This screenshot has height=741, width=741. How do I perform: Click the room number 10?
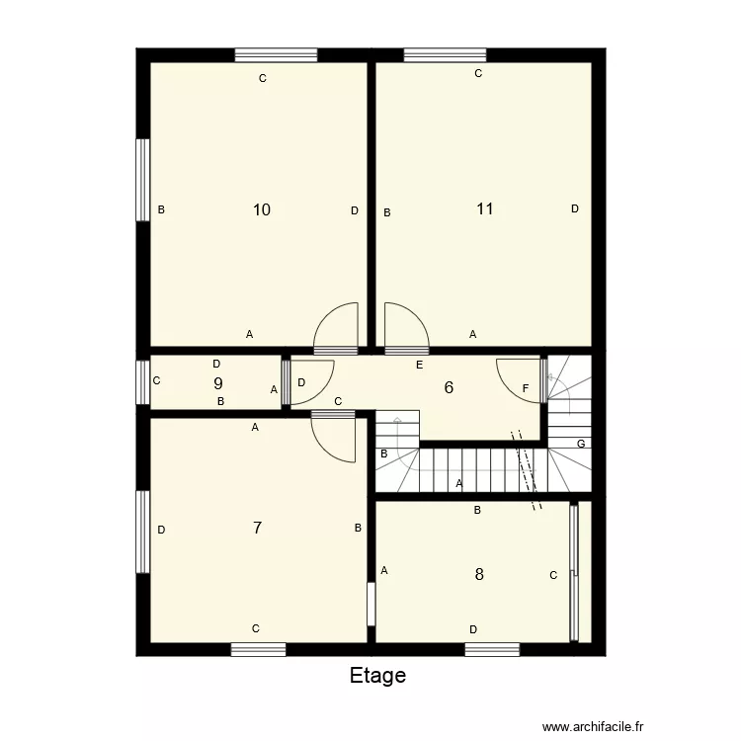(x=262, y=209)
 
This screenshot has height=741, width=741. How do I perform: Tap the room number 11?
(x=485, y=208)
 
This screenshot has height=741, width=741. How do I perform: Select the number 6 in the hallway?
(x=449, y=387)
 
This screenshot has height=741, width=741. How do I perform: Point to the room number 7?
(x=257, y=528)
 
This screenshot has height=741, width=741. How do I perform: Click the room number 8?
(x=479, y=574)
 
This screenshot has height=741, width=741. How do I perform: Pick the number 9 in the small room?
(x=217, y=383)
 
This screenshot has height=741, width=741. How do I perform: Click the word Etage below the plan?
(x=377, y=676)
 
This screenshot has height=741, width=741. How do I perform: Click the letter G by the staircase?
(x=581, y=444)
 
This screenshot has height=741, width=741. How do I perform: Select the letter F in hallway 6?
(x=526, y=388)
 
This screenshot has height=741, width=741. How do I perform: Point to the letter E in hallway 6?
(x=419, y=366)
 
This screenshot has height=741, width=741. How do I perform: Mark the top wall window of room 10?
(x=276, y=55)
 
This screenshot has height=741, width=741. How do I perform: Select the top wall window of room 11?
(x=445, y=55)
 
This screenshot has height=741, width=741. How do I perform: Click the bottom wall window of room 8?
(x=492, y=649)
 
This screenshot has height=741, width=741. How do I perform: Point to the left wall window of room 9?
(x=142, y=383)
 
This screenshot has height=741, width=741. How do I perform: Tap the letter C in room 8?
(x=553, y=575)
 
